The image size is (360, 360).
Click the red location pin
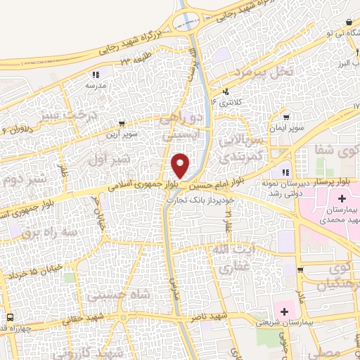pos(181,165)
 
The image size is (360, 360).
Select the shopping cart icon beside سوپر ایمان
pos(286,117)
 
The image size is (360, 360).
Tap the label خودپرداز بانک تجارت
pos(195,199)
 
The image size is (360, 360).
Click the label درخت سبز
pos(65,112)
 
